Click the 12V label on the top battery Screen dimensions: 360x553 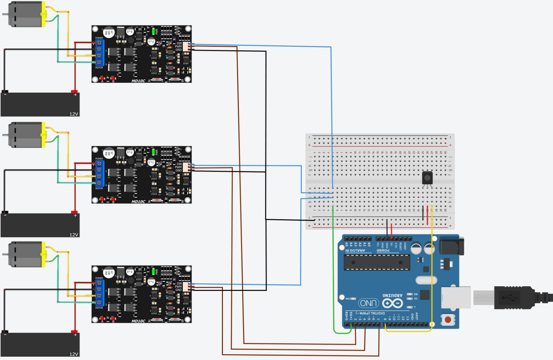click(x=74, y=114)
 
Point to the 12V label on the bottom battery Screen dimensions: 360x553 click(x=74, y=354)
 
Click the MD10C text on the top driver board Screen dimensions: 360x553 click(x=138, y=81)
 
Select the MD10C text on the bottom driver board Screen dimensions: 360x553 click(x=138, y=321)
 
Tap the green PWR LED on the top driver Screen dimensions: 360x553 click(x=153, y=31)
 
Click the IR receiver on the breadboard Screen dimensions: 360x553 click(x=427, y=178)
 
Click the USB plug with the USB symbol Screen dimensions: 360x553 click(x=511, y=298)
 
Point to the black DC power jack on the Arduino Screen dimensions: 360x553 click(x=451, y=246)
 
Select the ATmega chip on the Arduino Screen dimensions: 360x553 click(x=377, y=262)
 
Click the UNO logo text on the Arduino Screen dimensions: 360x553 click(x=368, y=303)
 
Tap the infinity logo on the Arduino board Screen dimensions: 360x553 click(x=392, y=303)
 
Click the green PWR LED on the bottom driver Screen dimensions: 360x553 click(x=153, y=271)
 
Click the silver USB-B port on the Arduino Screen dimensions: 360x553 click(x=455, y=297)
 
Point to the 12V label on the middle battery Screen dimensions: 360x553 click(x=74, y=235)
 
